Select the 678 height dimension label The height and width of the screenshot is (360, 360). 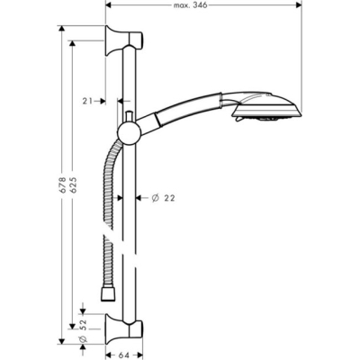(x=61, y=184)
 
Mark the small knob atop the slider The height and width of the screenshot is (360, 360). (x=130, y=114)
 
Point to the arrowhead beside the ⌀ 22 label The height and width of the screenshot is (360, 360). (x=139, y=197)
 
